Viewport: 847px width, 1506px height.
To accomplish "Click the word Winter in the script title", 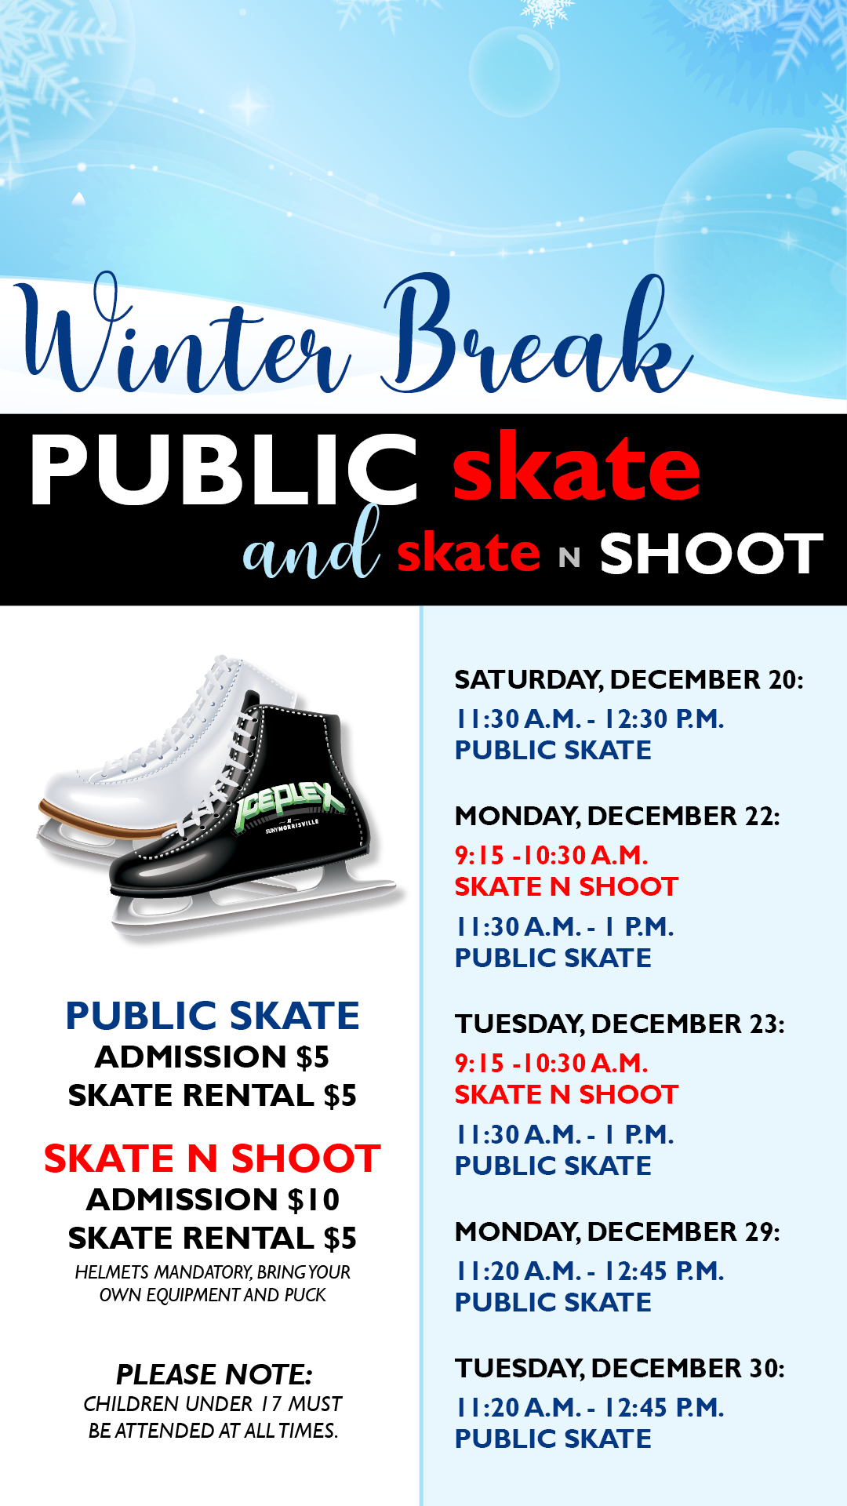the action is pyautogui.click(x=184, y=333).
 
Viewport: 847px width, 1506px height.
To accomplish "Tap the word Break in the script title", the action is pyautogui.click(x=537, y=333).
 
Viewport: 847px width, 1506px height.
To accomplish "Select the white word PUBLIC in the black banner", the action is pyautogui.click(x=224, y=469).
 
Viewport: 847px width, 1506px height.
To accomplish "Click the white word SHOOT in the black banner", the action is pyautogui.click(x=711, y=554).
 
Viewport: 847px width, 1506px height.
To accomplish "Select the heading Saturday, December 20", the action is pyautogui.click(x=629, y=679).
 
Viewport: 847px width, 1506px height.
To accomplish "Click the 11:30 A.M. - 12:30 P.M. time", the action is pyautogui.click(x=589, y=718).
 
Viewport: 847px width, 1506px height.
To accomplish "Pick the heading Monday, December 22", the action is pyautogui.click(x=617, y=816).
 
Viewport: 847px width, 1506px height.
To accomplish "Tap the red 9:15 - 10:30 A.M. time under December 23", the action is pyautogui.click(x=551, y=1063).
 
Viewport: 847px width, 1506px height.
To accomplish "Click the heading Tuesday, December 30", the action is pyautogui.click(x=620, y=1368).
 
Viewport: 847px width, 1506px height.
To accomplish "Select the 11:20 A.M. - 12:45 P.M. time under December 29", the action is pyautogui.click(x=589, y=1271).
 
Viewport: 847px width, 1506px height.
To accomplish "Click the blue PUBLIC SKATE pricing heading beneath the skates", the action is pyautogui.click(x=213, y=1016).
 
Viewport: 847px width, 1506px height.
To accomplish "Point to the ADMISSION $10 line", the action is pyautogui.click(x=213, y=1199).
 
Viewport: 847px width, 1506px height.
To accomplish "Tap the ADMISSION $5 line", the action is pyautogui.click(x=213, y=1057).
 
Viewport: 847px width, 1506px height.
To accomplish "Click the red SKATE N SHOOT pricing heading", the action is pyautogui.click(x=213, y=1159).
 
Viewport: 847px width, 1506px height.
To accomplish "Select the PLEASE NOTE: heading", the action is pyautogui.click(x=214, y=1374).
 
